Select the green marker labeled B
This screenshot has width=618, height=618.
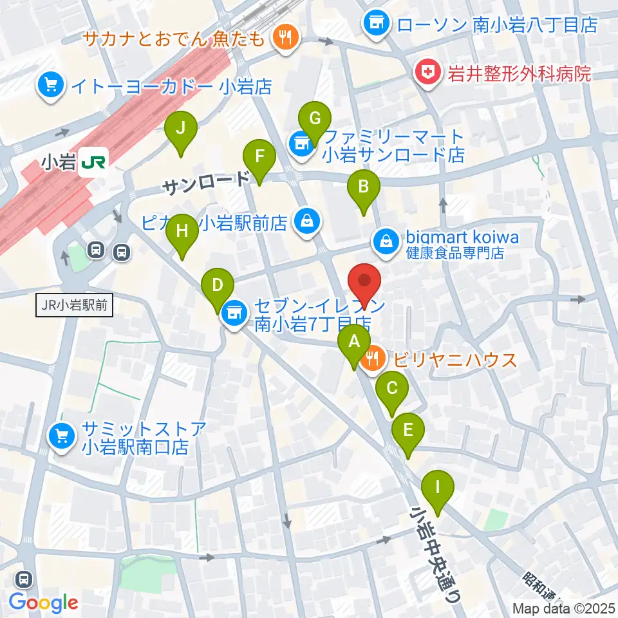(363, 190)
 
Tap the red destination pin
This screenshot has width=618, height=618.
(365, 284)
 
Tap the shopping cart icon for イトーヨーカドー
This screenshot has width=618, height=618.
(51, 86)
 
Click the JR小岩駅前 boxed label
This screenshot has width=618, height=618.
(74, 306)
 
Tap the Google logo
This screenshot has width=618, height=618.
(44, 603)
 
